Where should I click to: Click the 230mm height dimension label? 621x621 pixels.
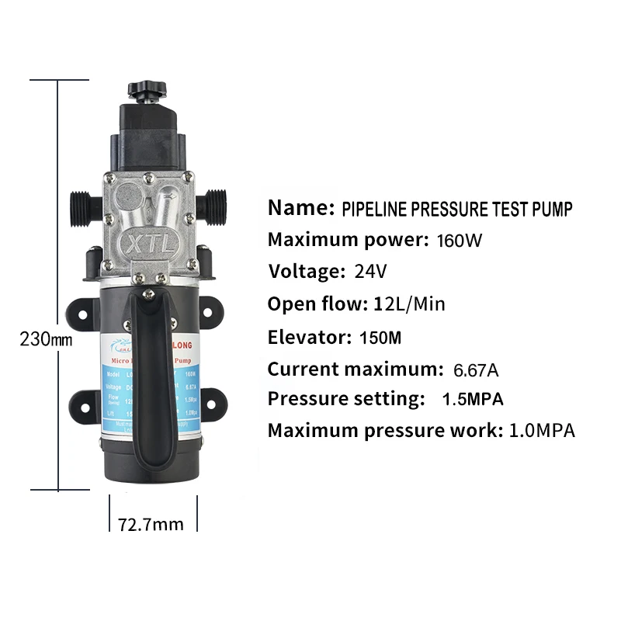(44, 339)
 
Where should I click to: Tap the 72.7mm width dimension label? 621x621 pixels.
(151, 524)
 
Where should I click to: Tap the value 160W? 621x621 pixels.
(460, 240)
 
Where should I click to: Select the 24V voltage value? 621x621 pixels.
(369, 272)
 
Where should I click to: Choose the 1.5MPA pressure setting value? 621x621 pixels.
(473, 400)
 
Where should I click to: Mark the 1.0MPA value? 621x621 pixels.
(542, 431)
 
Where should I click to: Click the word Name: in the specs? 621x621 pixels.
(300, 208)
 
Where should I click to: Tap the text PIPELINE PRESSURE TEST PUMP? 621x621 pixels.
(457, 209)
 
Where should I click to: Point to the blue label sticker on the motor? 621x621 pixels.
(116, 380)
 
